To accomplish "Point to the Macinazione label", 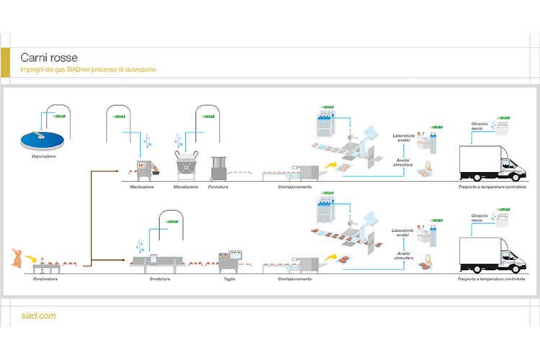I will point(141,187).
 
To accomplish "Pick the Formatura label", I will point(218,187).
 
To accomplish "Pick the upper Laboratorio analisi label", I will point(403,138).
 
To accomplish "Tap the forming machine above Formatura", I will point(219,168).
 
